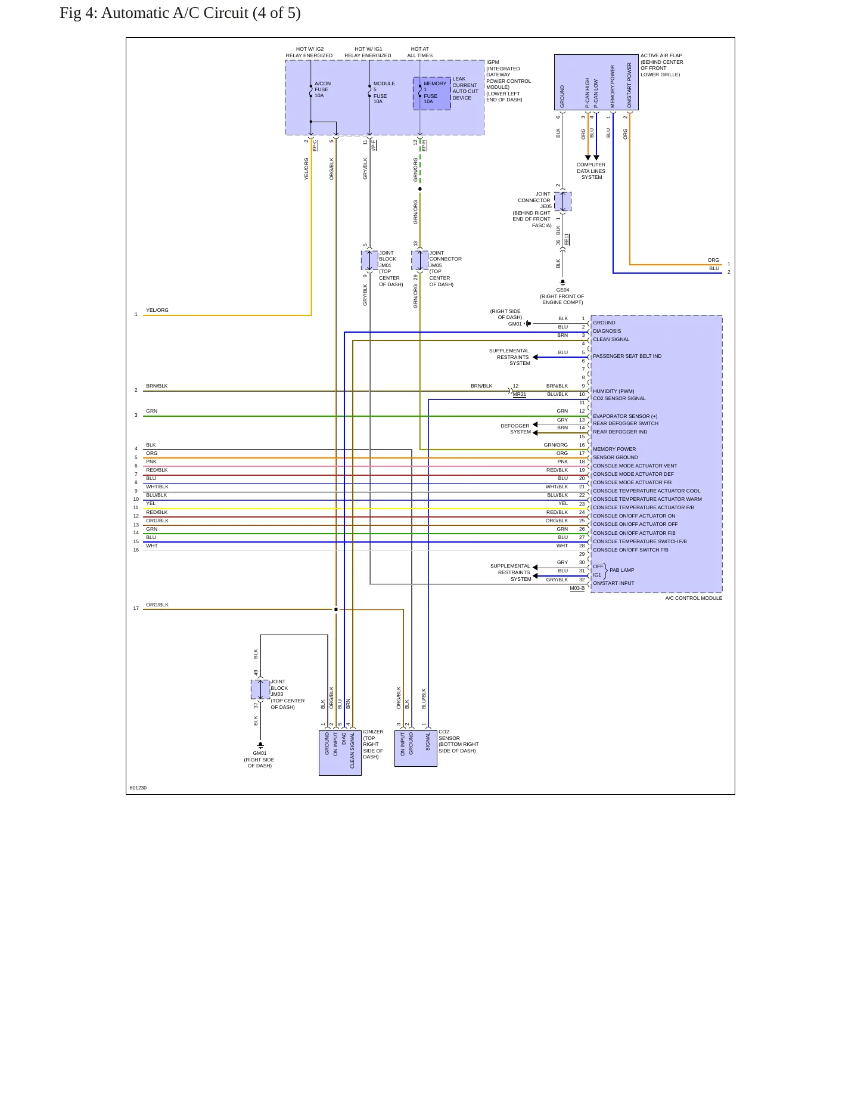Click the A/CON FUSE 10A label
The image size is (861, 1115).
pyautogui.click(x=322, y=89)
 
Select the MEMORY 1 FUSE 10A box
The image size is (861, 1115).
pyautogui.click(x=432, y=94)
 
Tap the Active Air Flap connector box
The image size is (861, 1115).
pyautogui.click(x=596, y=82)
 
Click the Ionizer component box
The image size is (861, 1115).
pyautogui.click(x=340, y=753)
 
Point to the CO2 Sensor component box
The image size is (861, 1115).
pyautogui.click(x=416, y=748)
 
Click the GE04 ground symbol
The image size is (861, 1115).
pyautogui.click(x=562, y=283)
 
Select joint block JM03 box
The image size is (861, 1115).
pyautogui.click(x=260, y=689)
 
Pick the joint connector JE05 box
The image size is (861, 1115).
pyautogui.click(x=562, y=202)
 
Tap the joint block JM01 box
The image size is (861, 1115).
pyautogui.click(x=369, y=261)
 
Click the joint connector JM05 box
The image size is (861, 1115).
pyautogui.click(x=420, y=261)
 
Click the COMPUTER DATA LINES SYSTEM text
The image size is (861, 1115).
pyautogui.click(x=591, y=171)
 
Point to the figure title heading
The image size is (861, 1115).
pyautogui.click(x=180, y=13)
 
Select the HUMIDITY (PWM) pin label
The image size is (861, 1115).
pyautogui.click(x=614, y=391)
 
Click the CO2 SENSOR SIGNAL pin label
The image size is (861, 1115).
pyautogui.click(x=619, y=398)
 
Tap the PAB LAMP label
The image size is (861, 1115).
pyautogui.click(x=621, y=570)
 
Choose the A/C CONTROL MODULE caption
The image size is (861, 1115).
pyautogui.click(x=694, y=598)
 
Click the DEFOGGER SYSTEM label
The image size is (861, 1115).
pyautogui.click(x=515, y=429)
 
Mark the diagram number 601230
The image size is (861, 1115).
pyautogui.click(x=138, y=788)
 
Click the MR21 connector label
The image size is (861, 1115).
pyautogui.click(x=520, y=394)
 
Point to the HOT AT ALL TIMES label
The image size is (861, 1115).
pyautogui.click(x=420, y=52)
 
